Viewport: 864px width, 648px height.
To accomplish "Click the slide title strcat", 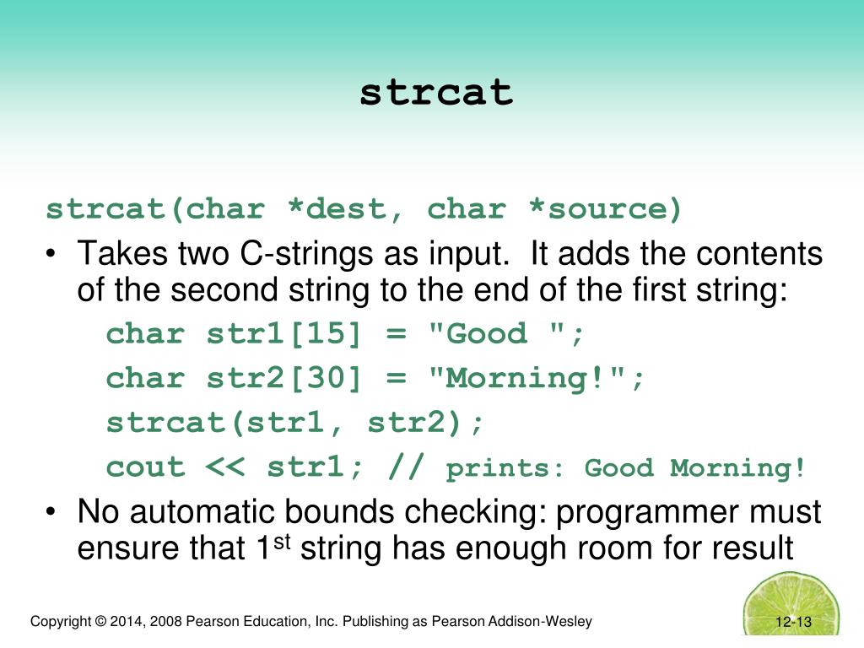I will [x=436, y=93].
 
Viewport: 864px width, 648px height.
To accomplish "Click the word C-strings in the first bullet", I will [x=305, y=253].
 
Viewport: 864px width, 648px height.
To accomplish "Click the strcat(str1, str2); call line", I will [x=295, y=423].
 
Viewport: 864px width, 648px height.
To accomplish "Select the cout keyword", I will [x=145, y=467].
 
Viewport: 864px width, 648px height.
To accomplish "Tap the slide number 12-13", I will [x=793, y=624].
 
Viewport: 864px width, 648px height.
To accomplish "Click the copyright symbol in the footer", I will [x=100, y=622].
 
